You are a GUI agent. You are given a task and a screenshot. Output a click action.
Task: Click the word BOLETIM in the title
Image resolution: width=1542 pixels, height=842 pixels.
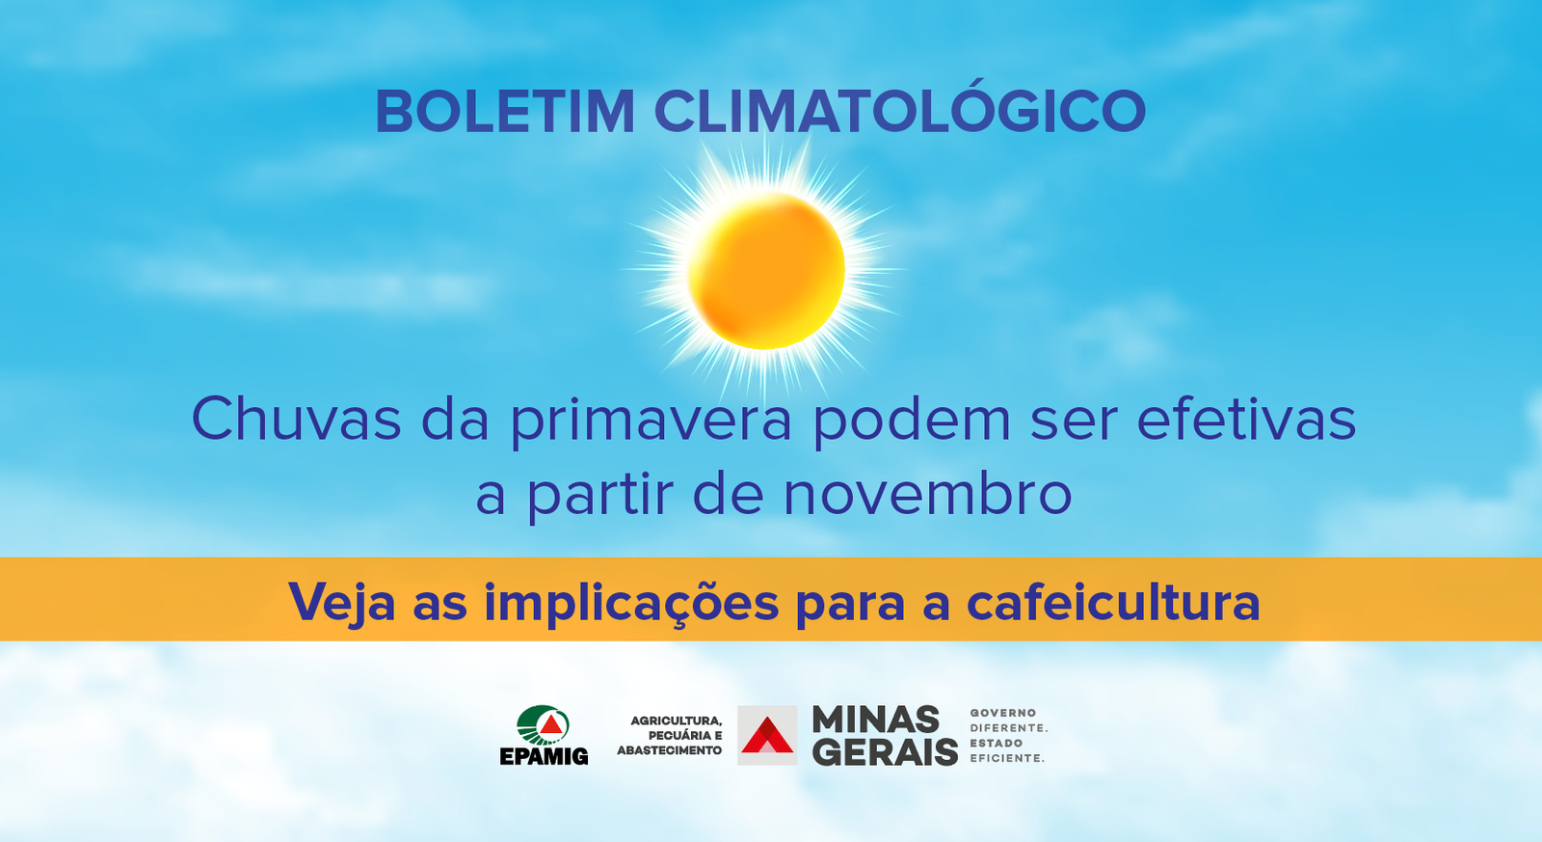point(505,111)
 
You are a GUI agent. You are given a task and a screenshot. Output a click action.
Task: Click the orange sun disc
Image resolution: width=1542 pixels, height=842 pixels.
point(765,271)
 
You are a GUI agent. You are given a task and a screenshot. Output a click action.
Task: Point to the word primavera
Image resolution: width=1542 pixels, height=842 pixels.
point(651,422)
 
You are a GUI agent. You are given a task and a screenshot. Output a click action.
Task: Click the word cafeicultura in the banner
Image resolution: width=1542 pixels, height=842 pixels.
point(1113,602)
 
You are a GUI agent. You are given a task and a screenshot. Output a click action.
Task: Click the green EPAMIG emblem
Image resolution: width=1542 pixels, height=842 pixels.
point(544,725)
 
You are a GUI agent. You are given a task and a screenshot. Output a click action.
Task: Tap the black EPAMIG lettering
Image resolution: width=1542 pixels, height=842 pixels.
point(544,756)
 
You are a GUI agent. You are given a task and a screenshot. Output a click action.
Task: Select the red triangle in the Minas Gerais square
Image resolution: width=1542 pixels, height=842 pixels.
point(766,735)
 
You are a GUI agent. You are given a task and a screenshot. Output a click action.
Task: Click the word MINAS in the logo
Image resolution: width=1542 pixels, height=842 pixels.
point(876,720)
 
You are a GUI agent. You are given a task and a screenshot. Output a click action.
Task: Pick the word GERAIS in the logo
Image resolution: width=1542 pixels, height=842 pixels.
point(886,751)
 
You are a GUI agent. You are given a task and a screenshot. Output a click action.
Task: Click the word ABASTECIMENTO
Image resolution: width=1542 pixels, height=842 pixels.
point(669,750)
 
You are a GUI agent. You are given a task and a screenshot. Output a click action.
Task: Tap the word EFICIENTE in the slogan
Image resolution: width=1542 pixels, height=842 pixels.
point(1007,758)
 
